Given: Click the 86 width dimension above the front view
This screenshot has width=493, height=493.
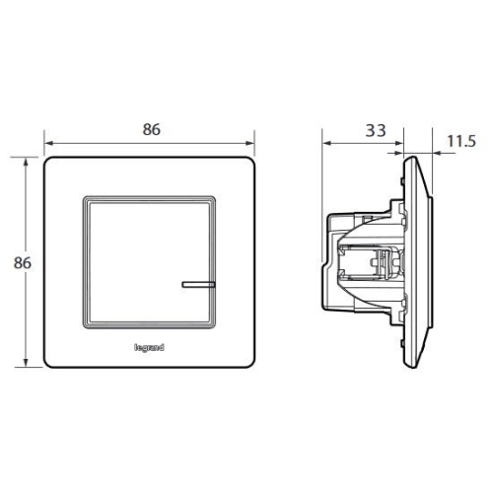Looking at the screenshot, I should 151,129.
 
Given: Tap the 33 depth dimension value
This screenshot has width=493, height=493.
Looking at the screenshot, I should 375,130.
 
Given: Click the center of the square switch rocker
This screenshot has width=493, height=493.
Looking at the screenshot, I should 150,259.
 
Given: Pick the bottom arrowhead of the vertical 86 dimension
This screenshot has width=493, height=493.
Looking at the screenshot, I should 27,364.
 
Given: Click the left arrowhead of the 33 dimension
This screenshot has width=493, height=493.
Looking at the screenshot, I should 326,144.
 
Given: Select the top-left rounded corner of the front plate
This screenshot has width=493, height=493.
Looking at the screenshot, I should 49,160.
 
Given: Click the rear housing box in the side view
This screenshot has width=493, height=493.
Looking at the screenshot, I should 360,261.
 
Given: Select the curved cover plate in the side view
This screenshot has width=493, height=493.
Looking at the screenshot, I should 422,261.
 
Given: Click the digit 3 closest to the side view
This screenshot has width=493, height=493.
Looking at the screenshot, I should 381,130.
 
